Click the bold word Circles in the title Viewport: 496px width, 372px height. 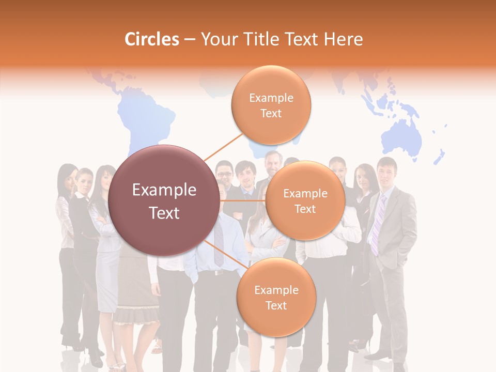[x=151, y=39]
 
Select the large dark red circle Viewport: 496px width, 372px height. [x=164, y=200]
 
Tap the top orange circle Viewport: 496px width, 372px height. [x=271, y=105]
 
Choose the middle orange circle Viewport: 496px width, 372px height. [x=305, y=200]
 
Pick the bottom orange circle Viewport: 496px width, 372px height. [x=276, y=297]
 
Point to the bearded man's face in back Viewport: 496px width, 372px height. [x=272, y=164]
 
